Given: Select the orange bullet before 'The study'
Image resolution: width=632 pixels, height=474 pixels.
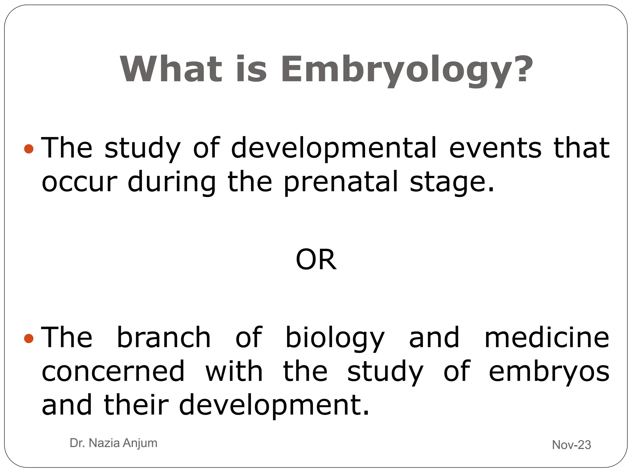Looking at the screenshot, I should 28,149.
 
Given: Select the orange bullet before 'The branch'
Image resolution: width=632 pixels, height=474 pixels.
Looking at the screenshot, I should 28,339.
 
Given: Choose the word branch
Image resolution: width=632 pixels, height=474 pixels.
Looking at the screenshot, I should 164,338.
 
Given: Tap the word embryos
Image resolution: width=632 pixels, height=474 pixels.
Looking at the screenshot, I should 549,372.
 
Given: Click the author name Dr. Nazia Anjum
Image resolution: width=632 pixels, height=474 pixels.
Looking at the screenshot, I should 114,443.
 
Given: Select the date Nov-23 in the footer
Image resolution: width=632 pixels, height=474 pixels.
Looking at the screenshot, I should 571,445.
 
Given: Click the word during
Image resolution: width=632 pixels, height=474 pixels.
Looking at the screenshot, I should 172,183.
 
